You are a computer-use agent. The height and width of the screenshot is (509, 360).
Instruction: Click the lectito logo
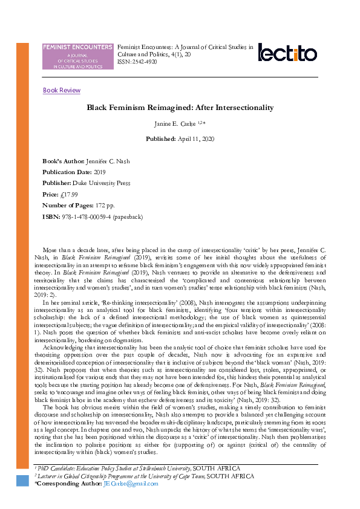point(287,53)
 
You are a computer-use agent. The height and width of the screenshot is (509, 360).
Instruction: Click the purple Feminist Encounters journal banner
point(77,56)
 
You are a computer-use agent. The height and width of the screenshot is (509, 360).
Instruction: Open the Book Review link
point(61,91)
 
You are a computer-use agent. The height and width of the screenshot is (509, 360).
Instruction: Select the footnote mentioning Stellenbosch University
point(137,468)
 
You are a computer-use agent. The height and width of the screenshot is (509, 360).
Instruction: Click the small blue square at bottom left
point(22,481)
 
